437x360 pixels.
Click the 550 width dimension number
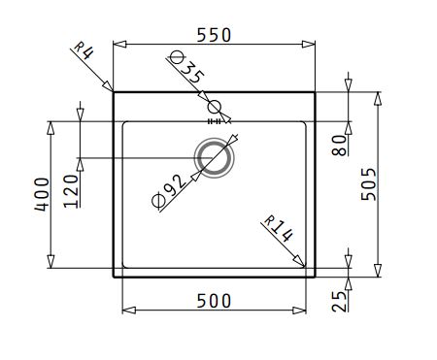[x=215, y=35]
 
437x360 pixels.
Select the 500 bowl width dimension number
[x=214, y=301]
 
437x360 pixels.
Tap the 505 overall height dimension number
[x=369, y=184]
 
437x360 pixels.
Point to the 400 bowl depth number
[x=42, y=194]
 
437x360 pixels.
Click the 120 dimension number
[x=72, y=191]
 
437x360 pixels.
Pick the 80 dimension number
[x=340, y=146]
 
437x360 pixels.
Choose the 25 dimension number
[x=339, y=302]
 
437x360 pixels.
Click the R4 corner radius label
[x=84, y=50]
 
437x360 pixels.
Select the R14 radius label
[x=279, y=229]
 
